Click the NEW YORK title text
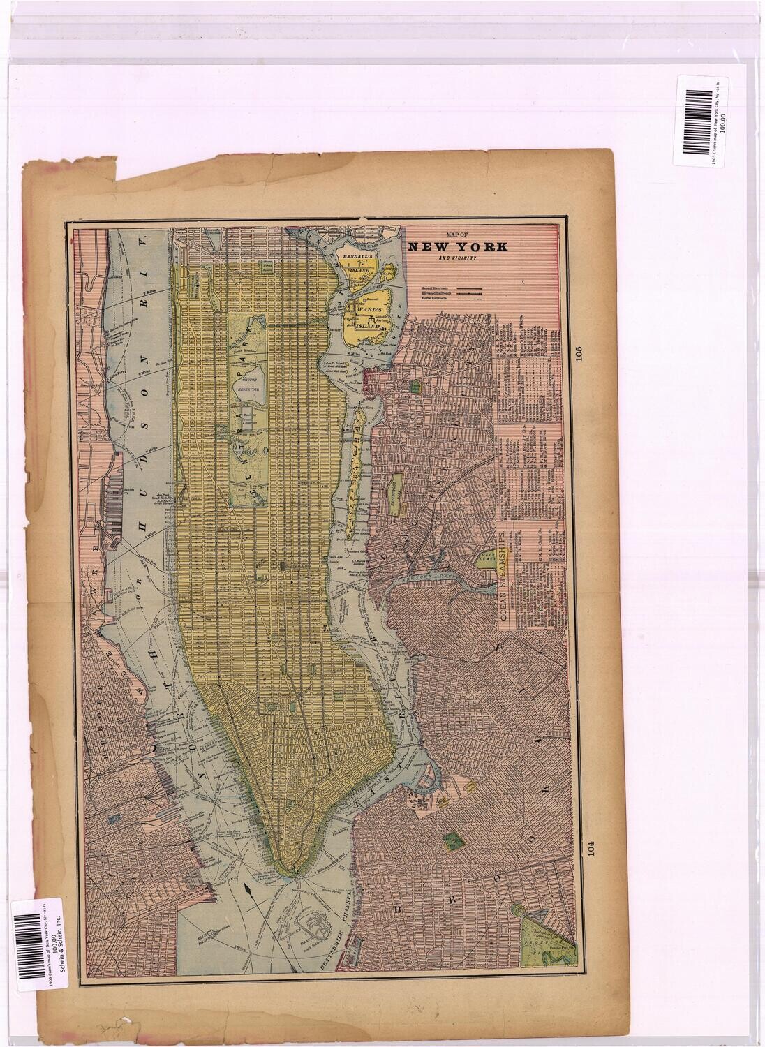(x=458, y=246)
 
